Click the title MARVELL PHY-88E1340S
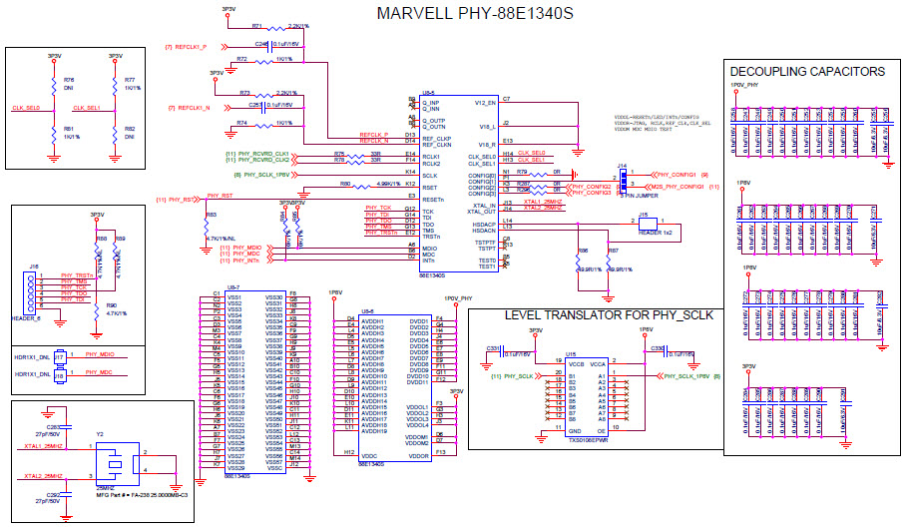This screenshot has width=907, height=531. (474, 14)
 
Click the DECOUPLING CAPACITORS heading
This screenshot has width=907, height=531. (807, 72)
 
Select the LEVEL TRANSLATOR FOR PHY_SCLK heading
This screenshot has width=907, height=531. (609, 315)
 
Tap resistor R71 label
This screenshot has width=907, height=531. (256, 26)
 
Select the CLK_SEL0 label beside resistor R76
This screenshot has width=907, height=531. (26, 106)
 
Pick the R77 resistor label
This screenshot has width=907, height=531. (128, 79)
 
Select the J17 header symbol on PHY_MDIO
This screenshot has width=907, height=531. (59, 355)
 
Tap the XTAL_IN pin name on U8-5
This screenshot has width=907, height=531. (483, 204)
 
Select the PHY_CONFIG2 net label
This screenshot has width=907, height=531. (591, 187)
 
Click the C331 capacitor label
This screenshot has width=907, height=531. (492, 348)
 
